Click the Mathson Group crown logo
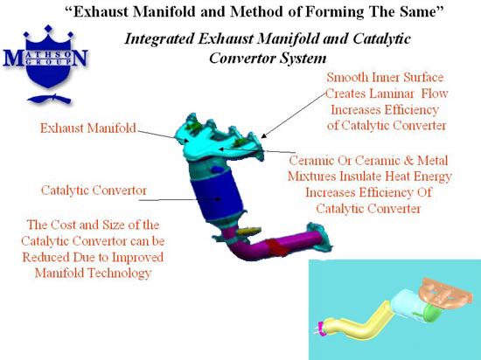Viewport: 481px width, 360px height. pos(46,64)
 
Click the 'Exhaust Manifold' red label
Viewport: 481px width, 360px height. pos(88,128)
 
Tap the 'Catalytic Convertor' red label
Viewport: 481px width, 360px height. pos(94,190)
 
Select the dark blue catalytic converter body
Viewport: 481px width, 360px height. pos(217,196)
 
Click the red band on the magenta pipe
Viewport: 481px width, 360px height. pos(277,247)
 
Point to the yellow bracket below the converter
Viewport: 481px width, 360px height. pos(249,231)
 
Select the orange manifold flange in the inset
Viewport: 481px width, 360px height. pos(447,291)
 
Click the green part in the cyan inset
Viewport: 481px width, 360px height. pos(432,313)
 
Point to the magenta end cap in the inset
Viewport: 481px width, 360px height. pos(321,329)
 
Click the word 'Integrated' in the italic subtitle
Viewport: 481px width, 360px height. pos(159,39)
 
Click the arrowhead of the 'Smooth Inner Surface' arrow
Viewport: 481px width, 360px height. pos(264,135)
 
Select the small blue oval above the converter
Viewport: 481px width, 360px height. pos(217,169)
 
